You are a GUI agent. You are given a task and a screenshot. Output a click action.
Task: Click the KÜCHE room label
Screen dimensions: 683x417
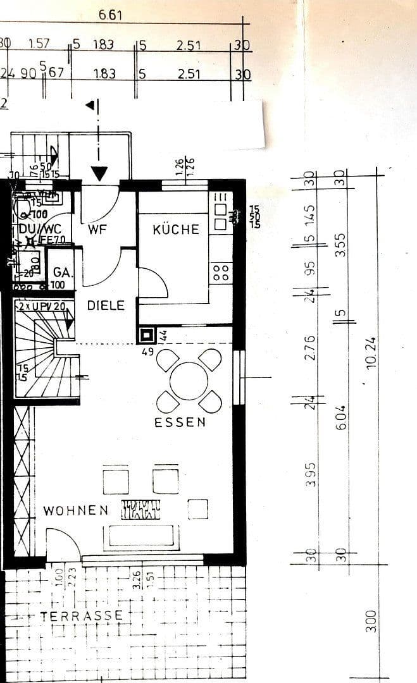click(x=176, y=230)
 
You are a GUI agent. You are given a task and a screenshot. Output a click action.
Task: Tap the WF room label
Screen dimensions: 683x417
click(x=97, y=230)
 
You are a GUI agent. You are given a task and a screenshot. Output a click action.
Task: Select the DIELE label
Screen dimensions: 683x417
click(x=106, y=305)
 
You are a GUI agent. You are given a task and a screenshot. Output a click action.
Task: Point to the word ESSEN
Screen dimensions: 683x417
click(x=180, y=422)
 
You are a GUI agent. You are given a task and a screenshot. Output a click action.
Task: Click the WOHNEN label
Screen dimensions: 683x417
click(x=76, y=510)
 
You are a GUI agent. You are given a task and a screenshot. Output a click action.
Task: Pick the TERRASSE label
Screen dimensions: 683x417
click(x=82, y=615)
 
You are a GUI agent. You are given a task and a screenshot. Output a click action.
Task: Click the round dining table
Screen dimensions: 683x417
click(x=189, y=380)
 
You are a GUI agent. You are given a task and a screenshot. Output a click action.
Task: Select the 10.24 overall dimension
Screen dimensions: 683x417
click(x=371, y=352)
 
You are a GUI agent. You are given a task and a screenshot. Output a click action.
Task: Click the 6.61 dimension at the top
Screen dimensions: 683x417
click(x=111, y=15)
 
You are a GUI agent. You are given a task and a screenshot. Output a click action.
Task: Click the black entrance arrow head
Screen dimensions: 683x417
click(x=99, y=173)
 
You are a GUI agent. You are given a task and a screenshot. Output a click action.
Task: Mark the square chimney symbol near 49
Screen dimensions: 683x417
click(x=147, y=335)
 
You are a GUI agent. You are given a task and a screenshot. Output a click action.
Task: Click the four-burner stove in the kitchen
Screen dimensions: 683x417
click(x=221, y=273)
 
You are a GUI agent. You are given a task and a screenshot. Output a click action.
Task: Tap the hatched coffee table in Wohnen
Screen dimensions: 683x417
click(x=141, y=509)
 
